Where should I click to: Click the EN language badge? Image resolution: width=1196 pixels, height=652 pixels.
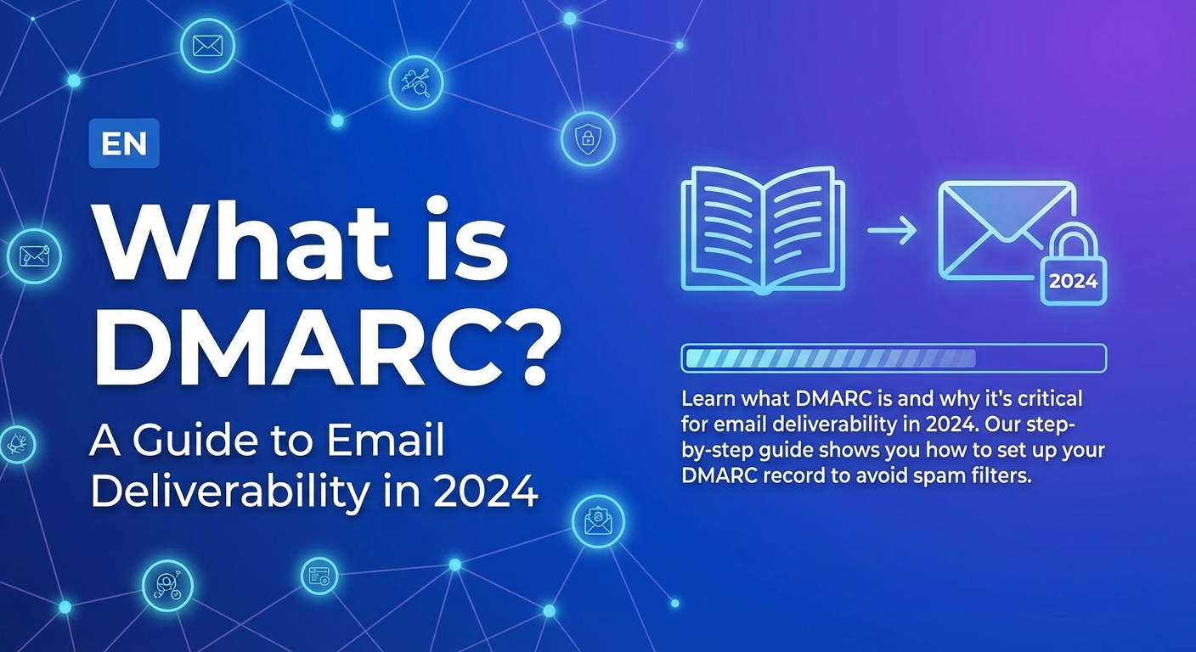coord(124,143)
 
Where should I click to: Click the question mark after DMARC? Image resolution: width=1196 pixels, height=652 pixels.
coord(530,347)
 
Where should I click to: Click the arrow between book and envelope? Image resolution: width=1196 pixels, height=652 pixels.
coord(892,231)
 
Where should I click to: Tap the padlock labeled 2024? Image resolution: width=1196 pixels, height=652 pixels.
coord(1073,266)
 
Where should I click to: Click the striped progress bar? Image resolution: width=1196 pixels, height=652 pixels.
coord(894,358)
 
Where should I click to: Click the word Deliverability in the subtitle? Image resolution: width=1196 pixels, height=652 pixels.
coord(230,492)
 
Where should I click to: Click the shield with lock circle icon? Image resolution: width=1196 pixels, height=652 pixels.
coord(587,138)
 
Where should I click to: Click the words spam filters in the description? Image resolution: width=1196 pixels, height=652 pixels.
coord(968,475)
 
